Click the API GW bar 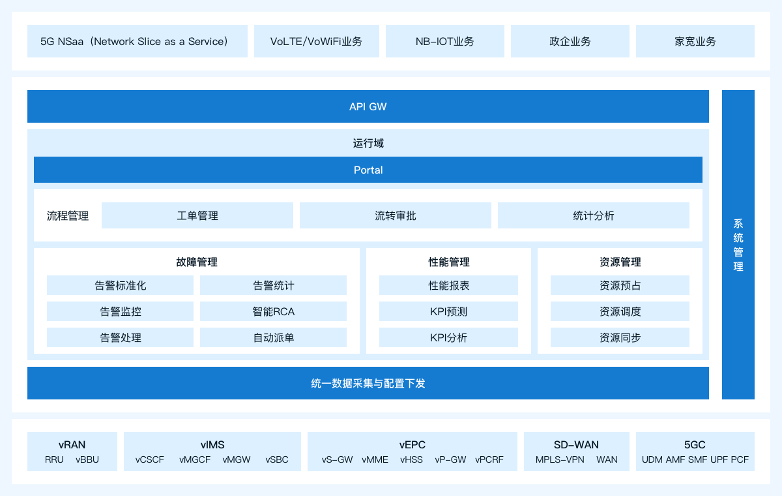point(368,106)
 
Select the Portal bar point(368,170)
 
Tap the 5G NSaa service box point(138,41)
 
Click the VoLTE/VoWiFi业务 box point(316,41)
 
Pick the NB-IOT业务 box point(444,41)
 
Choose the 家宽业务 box point(695,41)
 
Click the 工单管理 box point(197,215)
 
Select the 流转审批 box point(395,215)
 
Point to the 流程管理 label point(68,215)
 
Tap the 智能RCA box point(273,311)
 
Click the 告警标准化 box point(120,285)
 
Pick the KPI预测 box point(448,311)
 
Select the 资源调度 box point(620,311)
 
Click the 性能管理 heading point(448,262)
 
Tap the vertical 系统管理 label point(738,245)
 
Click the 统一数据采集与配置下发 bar point(368,383)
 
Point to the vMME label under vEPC point(375,459)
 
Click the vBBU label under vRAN point(87,459)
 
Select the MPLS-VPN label point(560,459)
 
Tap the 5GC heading point(695,444)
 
